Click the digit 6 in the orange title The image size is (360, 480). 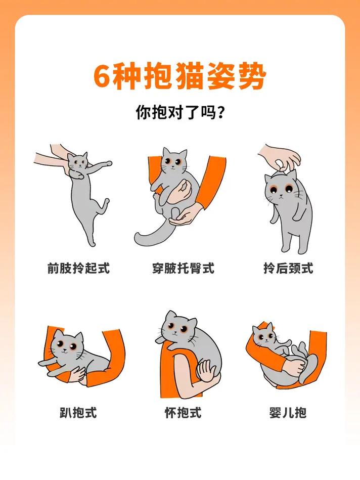tap(102, 77)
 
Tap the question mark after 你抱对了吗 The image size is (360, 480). tap(220, 112)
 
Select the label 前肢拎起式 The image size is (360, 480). tap(78, 268)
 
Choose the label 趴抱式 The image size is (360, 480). tap(78, 412)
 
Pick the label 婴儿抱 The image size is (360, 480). tap(288, 412)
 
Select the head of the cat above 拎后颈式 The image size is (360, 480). tap(281, 187)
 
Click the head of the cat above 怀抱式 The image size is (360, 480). tap(178, 327)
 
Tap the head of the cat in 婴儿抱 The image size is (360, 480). tap(264, 334)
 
